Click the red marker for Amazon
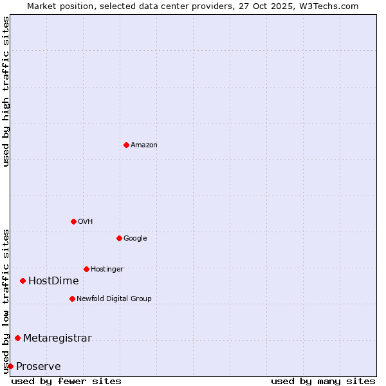point(126,145)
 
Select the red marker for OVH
point(73,221)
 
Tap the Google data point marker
point(119,238)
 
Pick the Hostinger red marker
point(86,269)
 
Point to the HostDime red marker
point(23,280)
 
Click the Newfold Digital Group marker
point(72,299)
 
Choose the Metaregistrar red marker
point(17,338)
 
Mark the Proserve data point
point(10,366)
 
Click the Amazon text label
point(143,145)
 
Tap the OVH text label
point(85,222)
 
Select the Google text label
point(135,239)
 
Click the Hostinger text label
point(107,270)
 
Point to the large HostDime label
point(53,281)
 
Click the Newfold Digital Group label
point(114,299)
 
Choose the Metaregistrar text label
point(57,338)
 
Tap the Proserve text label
point(38,367)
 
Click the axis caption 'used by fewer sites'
point(66,381)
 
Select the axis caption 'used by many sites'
point(323,381)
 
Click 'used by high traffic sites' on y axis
point(6,91)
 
